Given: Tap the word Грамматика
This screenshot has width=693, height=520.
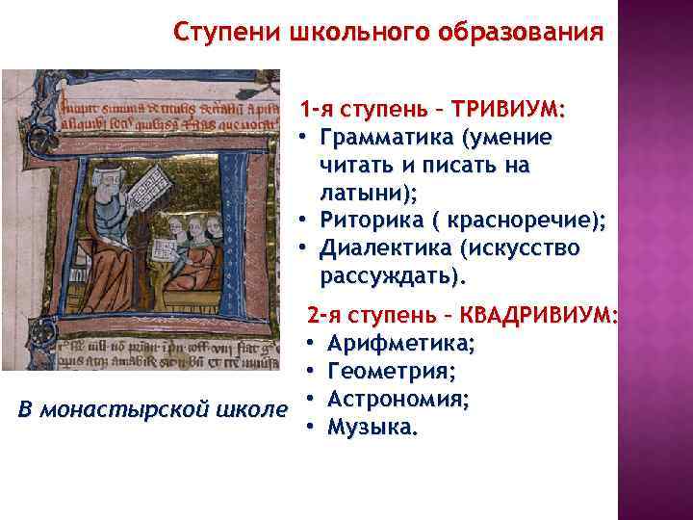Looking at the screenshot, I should click(x=387, y=137).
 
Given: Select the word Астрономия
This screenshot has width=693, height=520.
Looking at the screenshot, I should click(x=398, y=399).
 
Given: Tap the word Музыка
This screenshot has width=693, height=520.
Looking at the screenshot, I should click(x=372, y=427).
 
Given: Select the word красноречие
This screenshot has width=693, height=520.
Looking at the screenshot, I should click(x=525, y=220).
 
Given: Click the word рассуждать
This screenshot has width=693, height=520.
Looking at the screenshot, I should click(x=391, y=276).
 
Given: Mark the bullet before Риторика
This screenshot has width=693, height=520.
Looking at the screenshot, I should click(x=303, y=220).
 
